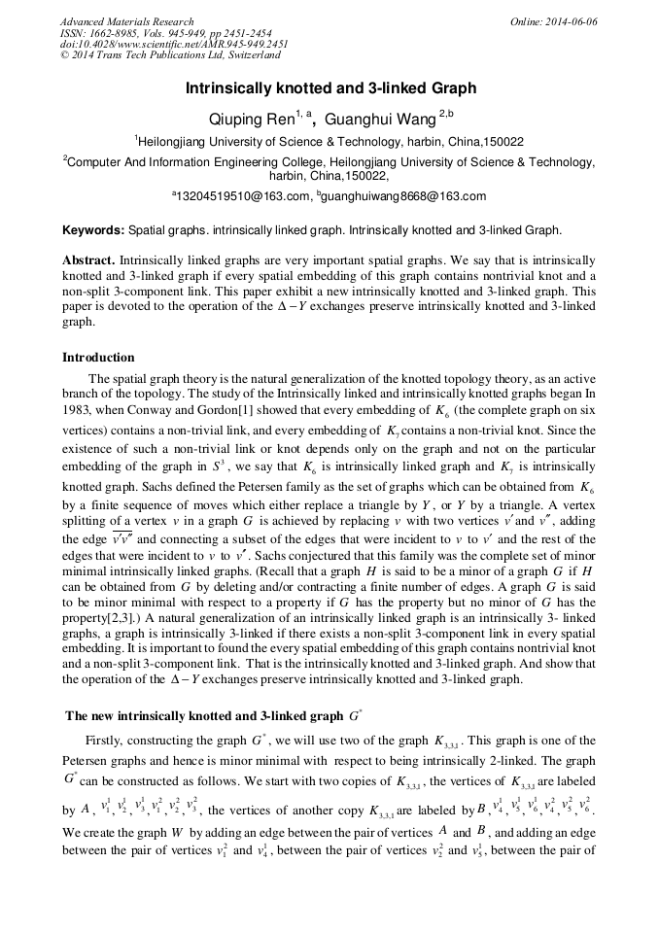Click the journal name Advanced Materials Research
click(x=126, y=21)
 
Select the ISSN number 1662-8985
click(x=125, y=33)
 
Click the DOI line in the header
click(x=174, y=45)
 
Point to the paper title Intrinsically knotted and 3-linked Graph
click(x=330, y=88)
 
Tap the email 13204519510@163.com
click(x=243, y=196)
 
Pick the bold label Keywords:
click(x=93, y=231)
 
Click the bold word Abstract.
click(x=89, y=262)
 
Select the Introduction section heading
click(x=98, y=358)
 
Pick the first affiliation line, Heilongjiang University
click(x=330, y=142)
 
